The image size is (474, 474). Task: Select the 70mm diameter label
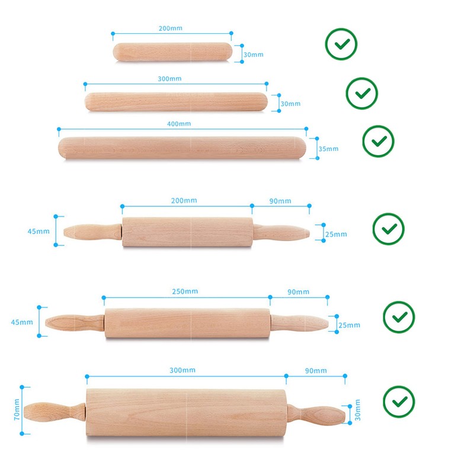[x=17, y=409]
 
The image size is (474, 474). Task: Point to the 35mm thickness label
[x=328, y=149]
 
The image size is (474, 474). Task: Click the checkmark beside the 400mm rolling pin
[x=378, y=141]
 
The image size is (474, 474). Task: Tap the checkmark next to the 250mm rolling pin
[x=399, y=317]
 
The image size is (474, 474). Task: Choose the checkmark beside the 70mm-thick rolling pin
[x=399, y=401]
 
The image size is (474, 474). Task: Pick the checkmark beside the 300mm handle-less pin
[x=362, y=93]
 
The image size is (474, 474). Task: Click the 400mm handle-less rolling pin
[x=182, y=148]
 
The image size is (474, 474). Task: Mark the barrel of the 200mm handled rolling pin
[x=187, y=233]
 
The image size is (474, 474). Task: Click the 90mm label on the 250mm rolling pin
[x=298, y=292]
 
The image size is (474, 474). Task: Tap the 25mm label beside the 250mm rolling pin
[x=350, y=325]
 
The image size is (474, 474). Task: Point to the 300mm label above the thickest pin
[x=182, y=370]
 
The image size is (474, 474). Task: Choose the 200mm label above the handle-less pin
[x=171, y=28]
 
